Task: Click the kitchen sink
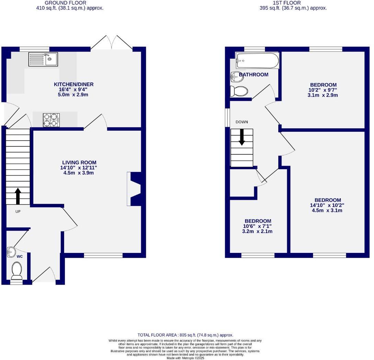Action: coord(43,59)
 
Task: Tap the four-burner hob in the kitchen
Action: coord(51,120)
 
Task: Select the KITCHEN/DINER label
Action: coord(73,84)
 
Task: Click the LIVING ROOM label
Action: coord(79,163)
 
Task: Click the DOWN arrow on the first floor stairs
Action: coord(242,137)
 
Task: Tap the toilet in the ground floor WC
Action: coord(16,270)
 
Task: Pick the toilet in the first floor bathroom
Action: coord(239,91)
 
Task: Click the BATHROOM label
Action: coord(254,75)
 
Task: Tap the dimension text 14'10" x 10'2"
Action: coord(328,205)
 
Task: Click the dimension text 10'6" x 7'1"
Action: coord(258,226)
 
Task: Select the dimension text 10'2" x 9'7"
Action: coord(323,90)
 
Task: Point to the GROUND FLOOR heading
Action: coord(70,3)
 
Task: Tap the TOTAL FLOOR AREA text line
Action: coord(185,335)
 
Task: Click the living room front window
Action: coord(103,255)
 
